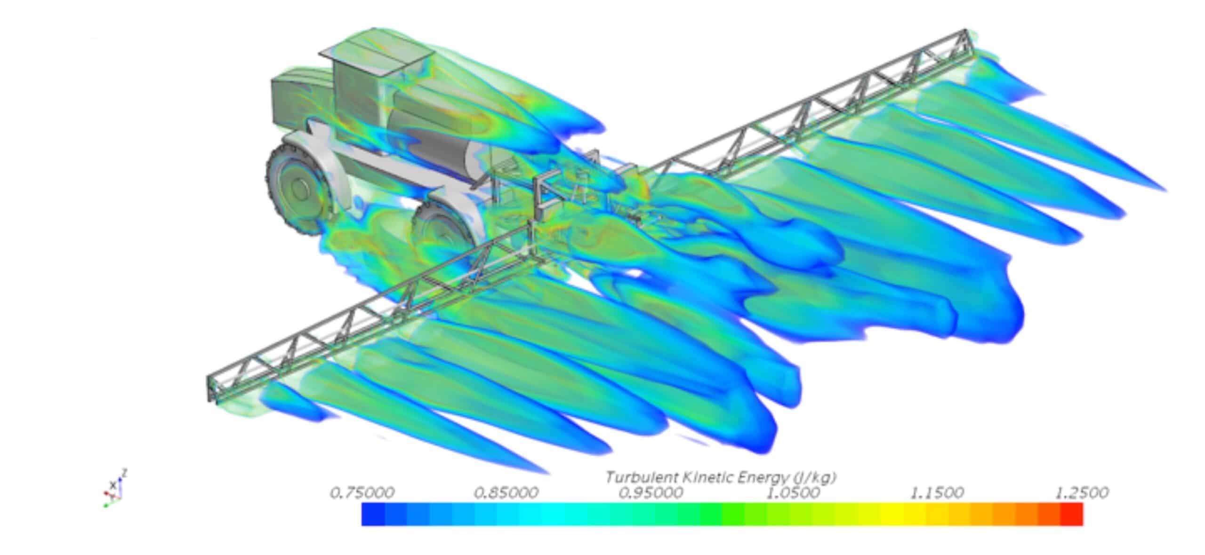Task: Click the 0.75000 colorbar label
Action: pos(362,493)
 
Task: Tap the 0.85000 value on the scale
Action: pos(506,493)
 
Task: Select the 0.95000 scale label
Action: pos(651,493)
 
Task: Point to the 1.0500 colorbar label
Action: pos(794,493)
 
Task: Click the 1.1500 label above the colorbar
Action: pos(938,493)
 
